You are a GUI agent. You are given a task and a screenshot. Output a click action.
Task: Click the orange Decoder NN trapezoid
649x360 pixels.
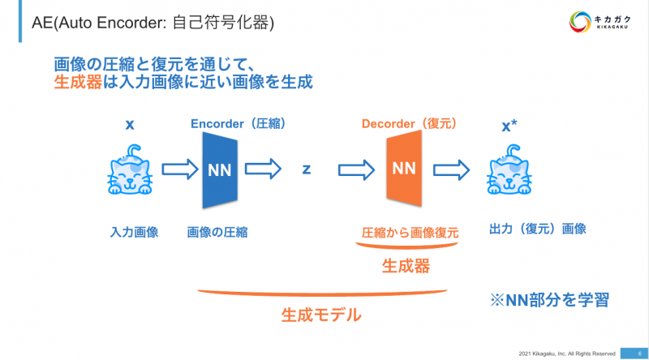pos(404,169)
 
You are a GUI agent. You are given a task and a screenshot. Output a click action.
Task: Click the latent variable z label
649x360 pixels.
pos(307,169)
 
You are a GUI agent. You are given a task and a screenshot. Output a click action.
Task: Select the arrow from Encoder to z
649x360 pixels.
pos(260,170)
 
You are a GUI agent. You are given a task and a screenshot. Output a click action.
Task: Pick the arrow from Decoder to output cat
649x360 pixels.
pos(450,170)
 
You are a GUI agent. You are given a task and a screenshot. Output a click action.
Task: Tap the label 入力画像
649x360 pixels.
pos(134,232)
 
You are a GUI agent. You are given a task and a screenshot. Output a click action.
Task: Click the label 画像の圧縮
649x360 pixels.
pos(217,232)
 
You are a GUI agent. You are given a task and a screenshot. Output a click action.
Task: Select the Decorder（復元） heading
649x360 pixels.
pos(409,124)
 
